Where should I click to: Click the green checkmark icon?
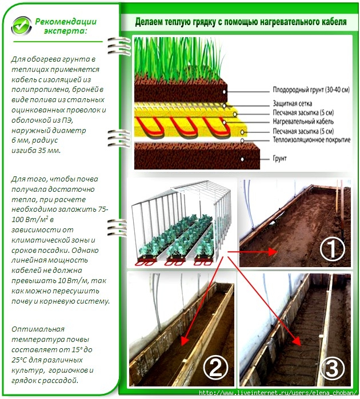[x=21, y=26]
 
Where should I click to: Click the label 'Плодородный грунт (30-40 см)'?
[x=311, y=90]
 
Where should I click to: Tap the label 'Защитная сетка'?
[x=292, y=103]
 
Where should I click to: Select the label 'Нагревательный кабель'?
[x=303, y=122]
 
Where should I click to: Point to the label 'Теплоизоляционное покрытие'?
[x=311, y=140]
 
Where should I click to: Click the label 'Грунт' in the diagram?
[x=280, y=158]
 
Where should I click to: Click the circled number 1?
[x=332, y=249]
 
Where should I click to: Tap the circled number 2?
[x=215, y=367]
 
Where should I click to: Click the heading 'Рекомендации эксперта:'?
[x=66, y=26]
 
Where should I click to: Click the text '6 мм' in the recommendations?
[x=21, y=140]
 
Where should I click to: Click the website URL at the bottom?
[x=278, y=393]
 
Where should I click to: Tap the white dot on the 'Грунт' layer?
[x=242, y=159]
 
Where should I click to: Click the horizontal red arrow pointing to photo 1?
[x=252, y=252]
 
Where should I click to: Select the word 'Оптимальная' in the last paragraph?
[x=38, y=329]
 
